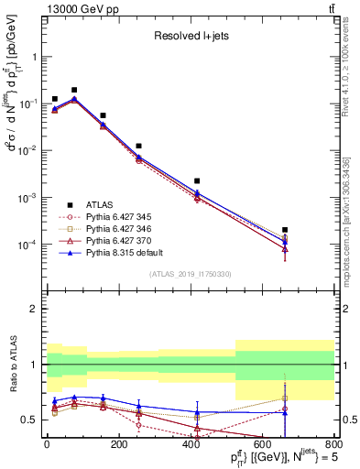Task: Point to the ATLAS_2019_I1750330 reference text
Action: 190,273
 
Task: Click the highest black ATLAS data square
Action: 74,90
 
